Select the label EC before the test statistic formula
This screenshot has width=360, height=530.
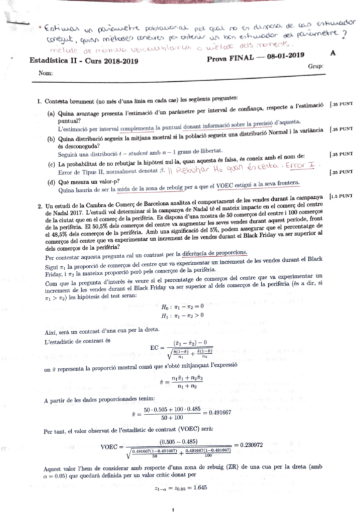156,347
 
